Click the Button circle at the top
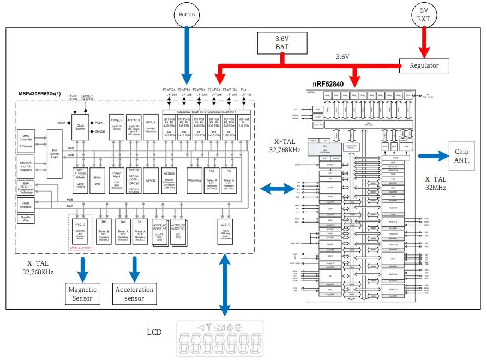point(187,15)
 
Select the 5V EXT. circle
point(425,15)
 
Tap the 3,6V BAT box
point(281,43)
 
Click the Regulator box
point(424,65)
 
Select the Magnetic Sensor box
point(82,293)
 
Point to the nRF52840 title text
point(328,84)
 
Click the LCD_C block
point(225,231)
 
